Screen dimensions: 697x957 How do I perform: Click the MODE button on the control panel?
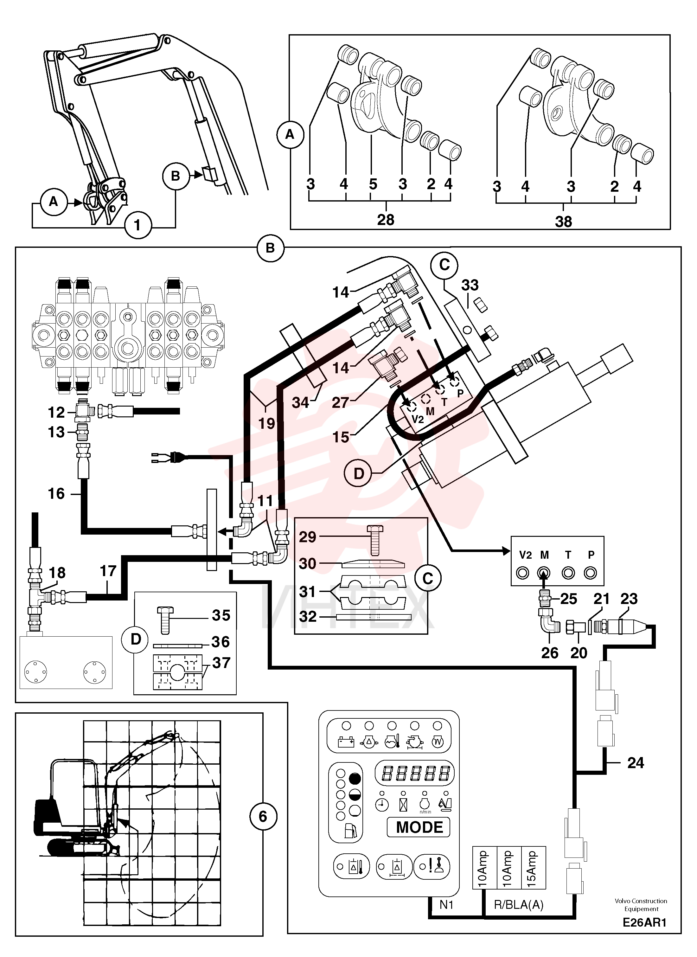419,827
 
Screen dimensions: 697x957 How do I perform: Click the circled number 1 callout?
137,225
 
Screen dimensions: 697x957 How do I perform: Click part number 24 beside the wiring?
636,763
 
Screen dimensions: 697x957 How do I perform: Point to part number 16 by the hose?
56,494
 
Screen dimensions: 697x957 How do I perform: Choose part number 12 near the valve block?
56,412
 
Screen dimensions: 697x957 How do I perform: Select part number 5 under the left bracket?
373,184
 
